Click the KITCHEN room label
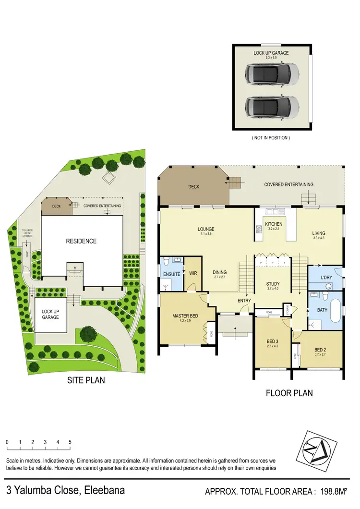(x=274, y=224)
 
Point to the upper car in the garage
(x=272, y=74)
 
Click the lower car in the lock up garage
(x=272, y=106)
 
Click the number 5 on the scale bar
(x=70, y=442)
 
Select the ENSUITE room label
(x=171, y=274)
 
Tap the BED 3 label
(x=273, y=342)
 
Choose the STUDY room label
(x=273, y=284)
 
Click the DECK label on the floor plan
(x=193, y=187)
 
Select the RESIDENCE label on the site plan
(x=81, y=241)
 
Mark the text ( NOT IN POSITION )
(x=271, y=137)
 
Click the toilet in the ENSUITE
(x=166, y=262)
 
